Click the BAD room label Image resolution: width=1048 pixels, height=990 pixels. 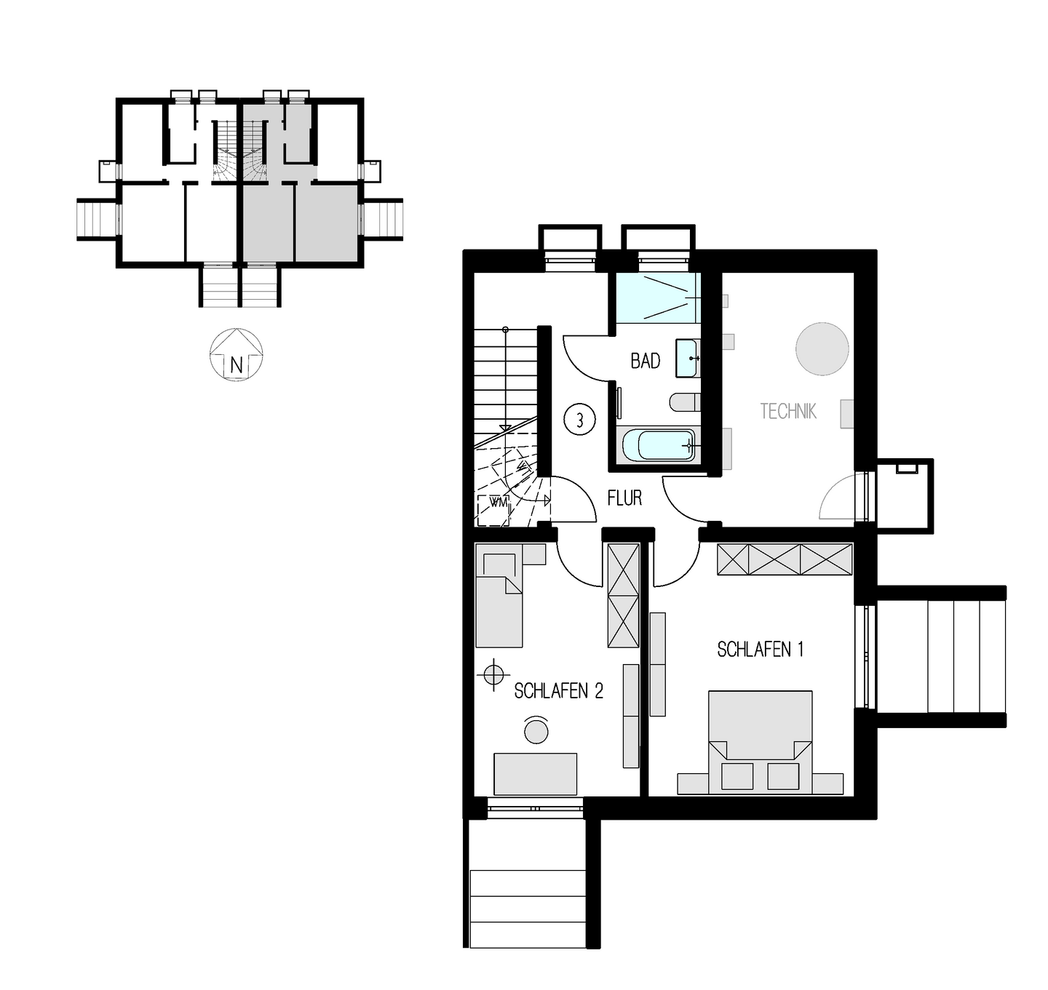click(646, 361)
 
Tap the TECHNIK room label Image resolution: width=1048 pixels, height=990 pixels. click(788, 412)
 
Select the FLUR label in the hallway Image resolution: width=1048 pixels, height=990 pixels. click(624, 498)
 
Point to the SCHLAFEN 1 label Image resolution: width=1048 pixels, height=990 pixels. click(760, 650)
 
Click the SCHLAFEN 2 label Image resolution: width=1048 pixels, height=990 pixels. click(558, 691)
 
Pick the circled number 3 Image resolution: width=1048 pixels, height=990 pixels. click(579, 420)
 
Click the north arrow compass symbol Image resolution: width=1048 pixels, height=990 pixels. click(236, 355)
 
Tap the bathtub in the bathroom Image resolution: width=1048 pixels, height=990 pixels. click(657, 445)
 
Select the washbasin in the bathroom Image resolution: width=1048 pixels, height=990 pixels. click(688, 358)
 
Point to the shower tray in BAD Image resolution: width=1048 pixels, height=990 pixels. click(657, 298)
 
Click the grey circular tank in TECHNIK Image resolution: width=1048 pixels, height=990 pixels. click(822, 349)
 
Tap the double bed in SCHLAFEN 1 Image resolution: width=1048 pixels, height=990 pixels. click(760, 738)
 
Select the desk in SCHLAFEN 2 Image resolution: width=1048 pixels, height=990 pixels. click(535, 774)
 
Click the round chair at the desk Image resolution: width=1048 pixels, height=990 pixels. click(536, 730)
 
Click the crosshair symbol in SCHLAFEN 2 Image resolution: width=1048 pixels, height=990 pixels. click(493, 674)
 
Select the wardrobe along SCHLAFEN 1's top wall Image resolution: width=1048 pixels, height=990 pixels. click(785, 559)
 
